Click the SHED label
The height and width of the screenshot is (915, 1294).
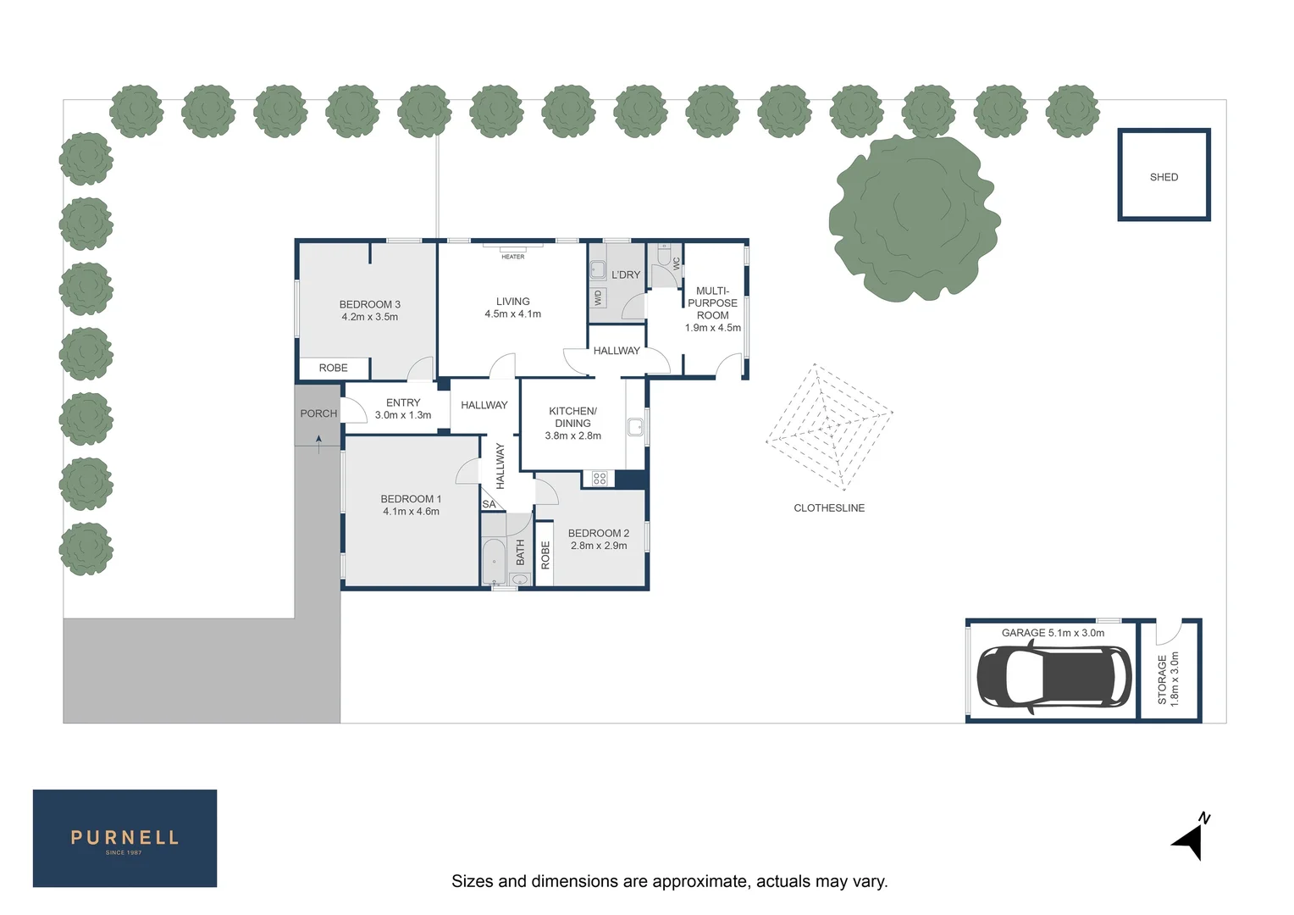point(1164,177)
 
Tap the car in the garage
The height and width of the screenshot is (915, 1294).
point(1053,678)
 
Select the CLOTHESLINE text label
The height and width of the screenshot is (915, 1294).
point(829,508)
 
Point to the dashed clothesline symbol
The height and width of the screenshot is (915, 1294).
point(828,426)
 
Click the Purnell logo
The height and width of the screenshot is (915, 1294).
point(124,839)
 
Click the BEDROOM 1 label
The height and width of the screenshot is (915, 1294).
point(411,499)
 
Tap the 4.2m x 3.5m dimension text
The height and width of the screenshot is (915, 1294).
point(370,317)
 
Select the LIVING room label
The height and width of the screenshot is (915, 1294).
point(513,302)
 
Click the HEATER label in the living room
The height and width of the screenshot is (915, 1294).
point(513,257)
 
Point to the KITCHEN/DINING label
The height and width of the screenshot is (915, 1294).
point(573,417)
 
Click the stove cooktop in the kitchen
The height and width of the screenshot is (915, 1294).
point(600,479)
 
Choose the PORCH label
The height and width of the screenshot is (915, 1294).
point(318,413)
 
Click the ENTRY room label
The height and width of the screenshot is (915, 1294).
point(403,403)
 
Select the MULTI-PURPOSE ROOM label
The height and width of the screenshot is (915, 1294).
point(713,302)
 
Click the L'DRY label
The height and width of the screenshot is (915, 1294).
point(626,274)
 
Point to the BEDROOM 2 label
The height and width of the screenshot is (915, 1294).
point(599,534)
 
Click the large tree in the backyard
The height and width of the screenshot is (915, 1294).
point(913,217)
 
